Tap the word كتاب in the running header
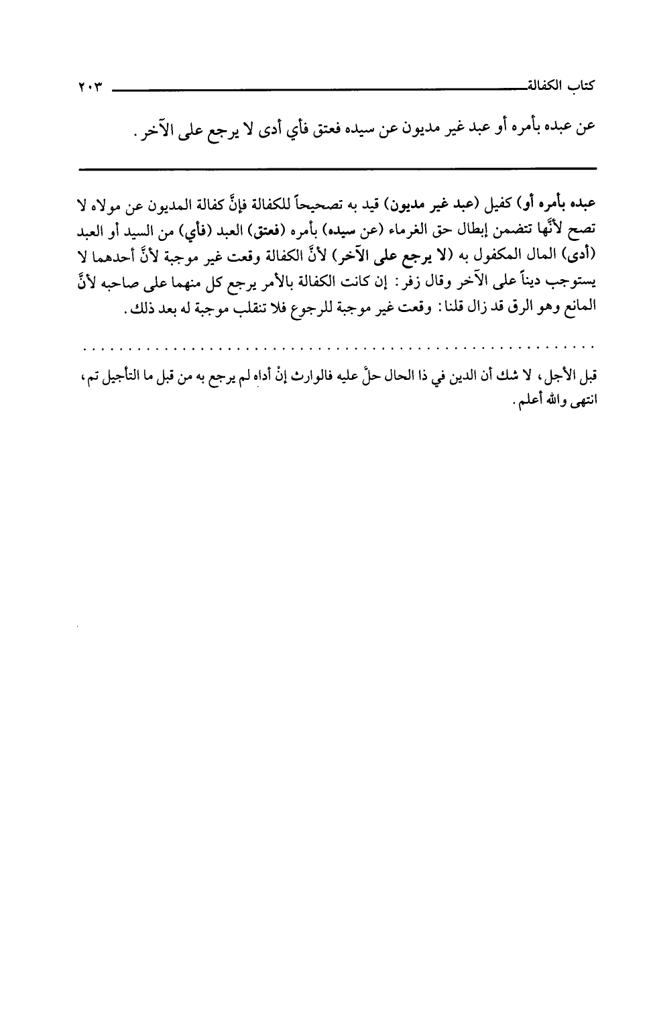pos(581,87)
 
